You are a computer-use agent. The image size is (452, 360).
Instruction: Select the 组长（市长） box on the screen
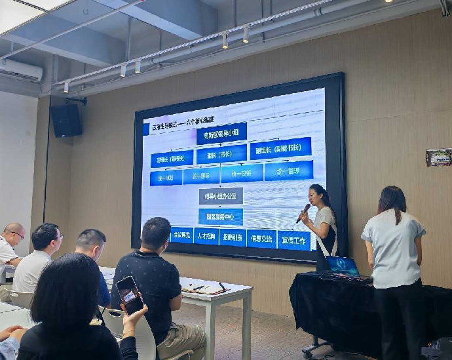pos(221,154)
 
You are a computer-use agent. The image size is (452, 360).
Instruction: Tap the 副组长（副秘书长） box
pos(280,149)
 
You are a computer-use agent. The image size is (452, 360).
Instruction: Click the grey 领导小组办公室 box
pos(221,195)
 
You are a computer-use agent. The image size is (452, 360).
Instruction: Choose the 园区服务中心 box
pos(221,216)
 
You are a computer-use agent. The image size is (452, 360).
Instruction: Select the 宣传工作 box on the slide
pos(293,240)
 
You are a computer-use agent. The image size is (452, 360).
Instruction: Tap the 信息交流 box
pos(261,237)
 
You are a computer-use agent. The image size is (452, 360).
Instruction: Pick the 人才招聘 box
pos(206,235)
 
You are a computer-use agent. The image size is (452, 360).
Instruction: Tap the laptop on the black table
pos(343,266)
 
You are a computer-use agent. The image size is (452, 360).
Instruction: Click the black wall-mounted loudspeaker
pos(66,120)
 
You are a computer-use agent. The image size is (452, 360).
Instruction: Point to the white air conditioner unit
pos(20,70)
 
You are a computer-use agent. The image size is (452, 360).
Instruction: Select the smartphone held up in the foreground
pos(130,294)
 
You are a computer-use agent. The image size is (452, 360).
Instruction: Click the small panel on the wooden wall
pos(438,157)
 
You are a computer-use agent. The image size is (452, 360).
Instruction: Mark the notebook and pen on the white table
pos(204,287)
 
